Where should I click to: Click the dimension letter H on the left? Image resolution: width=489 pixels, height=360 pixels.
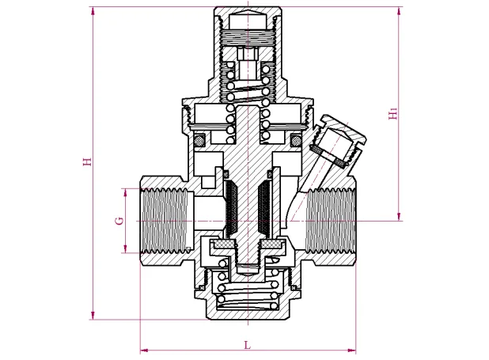pyautogui.click(x=88, y=161)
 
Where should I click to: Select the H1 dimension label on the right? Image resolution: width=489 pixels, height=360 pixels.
pyautogui.click(x=393, y=113)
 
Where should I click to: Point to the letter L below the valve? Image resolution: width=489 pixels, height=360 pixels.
pyautogui.click(x=247, y=344)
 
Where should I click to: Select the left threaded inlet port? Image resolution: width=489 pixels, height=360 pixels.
pyautogui.click(x=165, y=220)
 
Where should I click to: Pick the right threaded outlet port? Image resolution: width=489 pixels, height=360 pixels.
pyautogui.click(x=331, y=220)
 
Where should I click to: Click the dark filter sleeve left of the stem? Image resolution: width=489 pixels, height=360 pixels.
pyautogui.click(x=232, y=209)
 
